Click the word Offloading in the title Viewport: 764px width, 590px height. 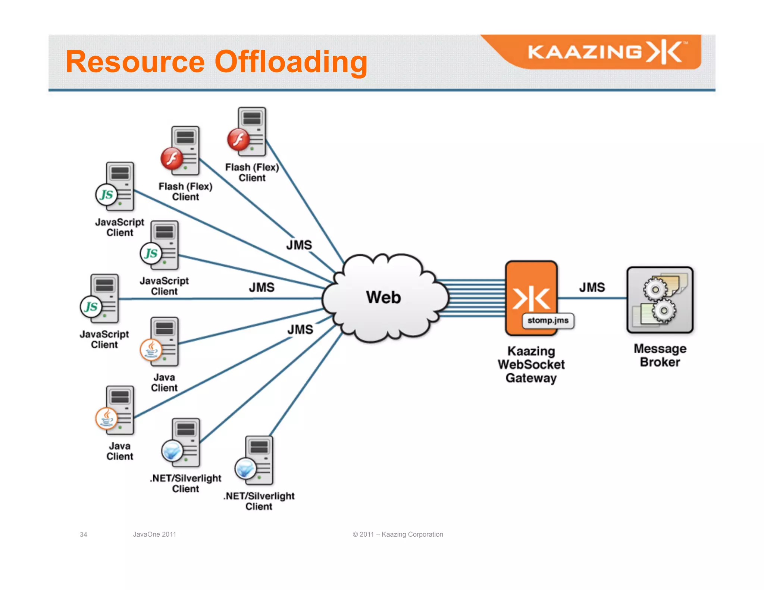[x=291, y=62]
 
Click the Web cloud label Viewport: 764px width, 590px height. [x=383, y=297]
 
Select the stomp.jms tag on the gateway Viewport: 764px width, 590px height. [x=548, y=320]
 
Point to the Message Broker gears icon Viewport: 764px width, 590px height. [x=660, y=300]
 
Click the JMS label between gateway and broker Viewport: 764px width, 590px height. [x=592, y=287]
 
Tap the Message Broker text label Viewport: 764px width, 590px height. [x=660, y=355]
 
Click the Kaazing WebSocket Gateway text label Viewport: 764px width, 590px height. [x=531, y=364]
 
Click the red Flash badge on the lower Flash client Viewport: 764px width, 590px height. [x=172, y=159]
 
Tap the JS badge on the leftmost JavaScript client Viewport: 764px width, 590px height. [x=91, y=307]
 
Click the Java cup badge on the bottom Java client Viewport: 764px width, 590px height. [x=106, y=418]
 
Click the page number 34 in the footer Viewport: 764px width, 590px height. [x=83, y=534]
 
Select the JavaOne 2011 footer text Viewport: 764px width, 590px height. [x=154, y=534]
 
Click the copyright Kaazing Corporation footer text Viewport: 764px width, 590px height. [x=398, y=534]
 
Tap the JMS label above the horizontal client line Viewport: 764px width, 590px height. [x=262, y=287]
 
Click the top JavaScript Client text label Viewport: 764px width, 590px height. [x=119, y=227]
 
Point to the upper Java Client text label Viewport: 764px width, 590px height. [x=164, y=382]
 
